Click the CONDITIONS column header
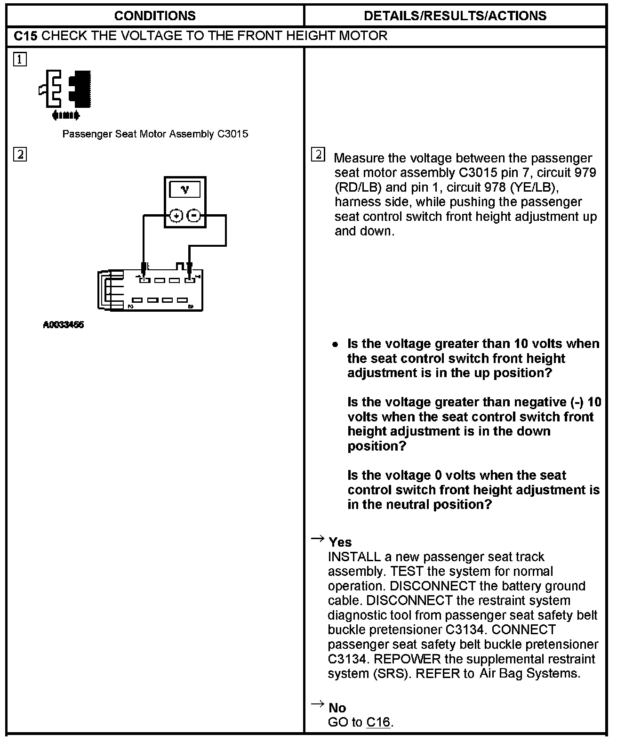pos(155,16)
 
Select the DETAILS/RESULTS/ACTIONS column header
pos(455,16)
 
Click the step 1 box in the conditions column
pos(20,59)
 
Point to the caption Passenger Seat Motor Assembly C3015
pos(155,134)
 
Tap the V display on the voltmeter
pos(185,189)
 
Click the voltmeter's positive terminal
pos(176,216)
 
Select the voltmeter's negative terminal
pos(194,216)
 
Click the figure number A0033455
pos(64,325)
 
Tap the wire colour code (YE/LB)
pos(534,187)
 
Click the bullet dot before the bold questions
pos(335,344)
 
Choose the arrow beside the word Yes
pos(318,538)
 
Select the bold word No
pos(337,708)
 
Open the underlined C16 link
pos(378,722)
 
